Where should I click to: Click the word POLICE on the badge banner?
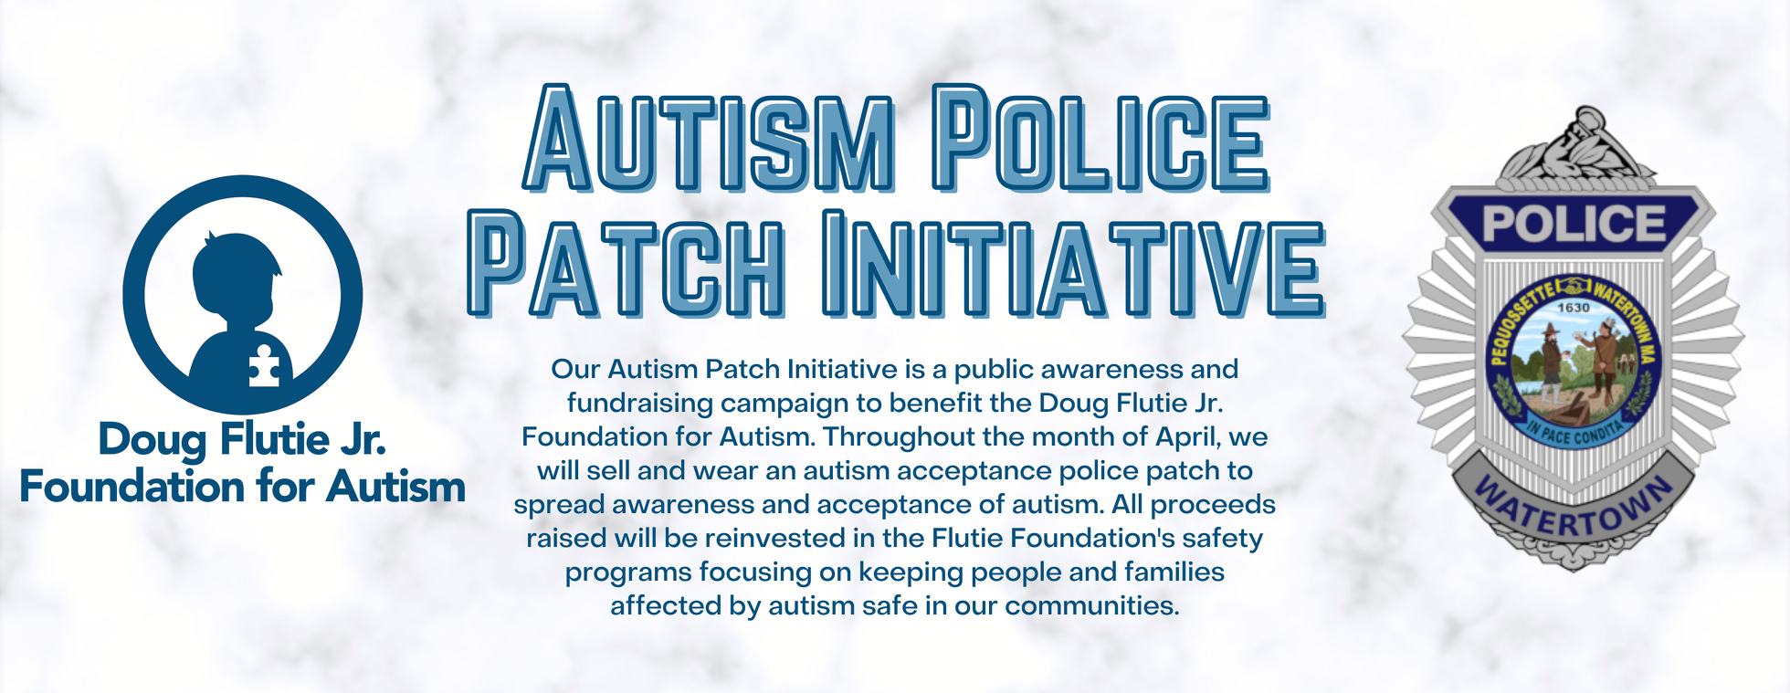pos(1574,223)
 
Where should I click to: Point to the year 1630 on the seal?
pos(1574,308)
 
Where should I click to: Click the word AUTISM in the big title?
pos(709,138)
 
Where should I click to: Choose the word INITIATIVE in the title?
pos(1073,262)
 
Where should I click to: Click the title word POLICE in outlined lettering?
pos(1100,138)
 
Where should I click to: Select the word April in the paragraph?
pos(1188,437)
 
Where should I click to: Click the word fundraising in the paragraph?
pos(639,404)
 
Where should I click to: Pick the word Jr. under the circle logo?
pos(363,439)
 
